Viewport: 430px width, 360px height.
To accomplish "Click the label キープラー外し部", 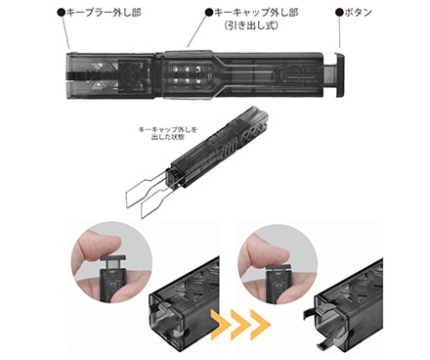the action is coord(104,13).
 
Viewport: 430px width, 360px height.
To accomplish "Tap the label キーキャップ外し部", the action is coord(256,13).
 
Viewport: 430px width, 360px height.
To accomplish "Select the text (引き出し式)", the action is coord(251,25).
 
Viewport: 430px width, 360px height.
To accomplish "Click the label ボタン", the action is coord(358,13).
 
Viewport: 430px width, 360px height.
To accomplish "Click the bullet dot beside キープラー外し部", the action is coord(61,13).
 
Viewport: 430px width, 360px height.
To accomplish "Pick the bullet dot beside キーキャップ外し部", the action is coord(209,13).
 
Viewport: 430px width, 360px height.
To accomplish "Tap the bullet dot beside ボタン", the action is coord(339,13).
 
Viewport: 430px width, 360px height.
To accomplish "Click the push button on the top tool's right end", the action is coord(340,74).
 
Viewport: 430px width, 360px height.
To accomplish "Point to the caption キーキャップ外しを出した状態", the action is coord(168,133).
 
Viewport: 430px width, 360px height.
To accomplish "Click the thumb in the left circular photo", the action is coord(100,242).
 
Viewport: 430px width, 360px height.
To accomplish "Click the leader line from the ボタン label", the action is coord(340,32).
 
